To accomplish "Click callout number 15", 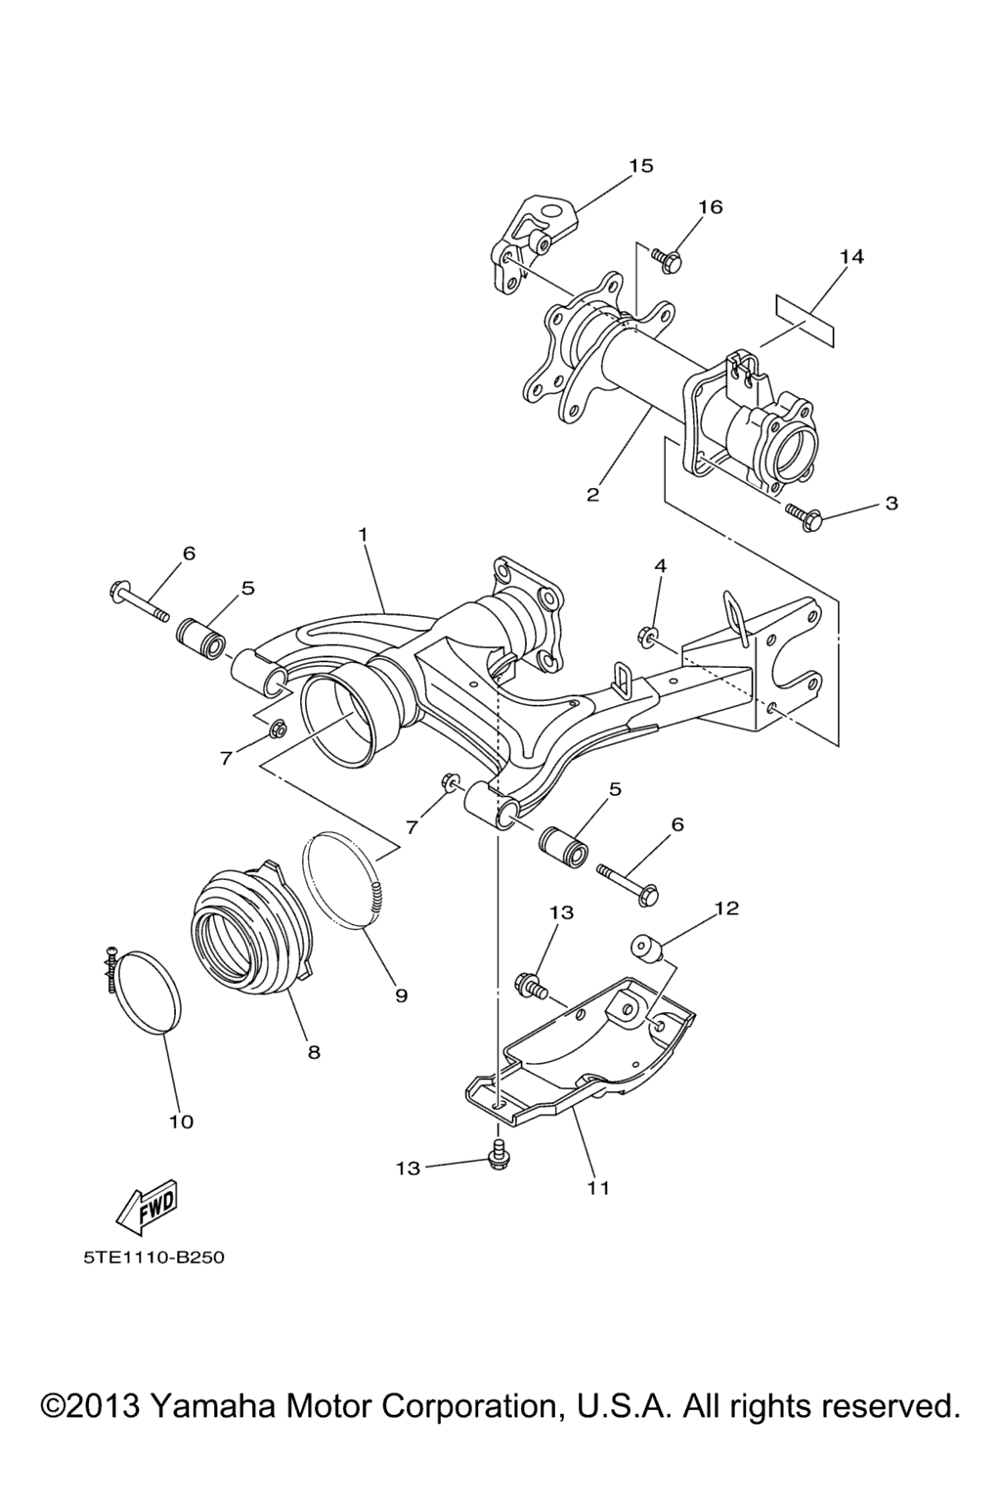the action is [641, 165].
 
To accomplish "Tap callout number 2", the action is [592, 495].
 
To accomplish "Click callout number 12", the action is [726, 907].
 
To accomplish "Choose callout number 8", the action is [313, 1052].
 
